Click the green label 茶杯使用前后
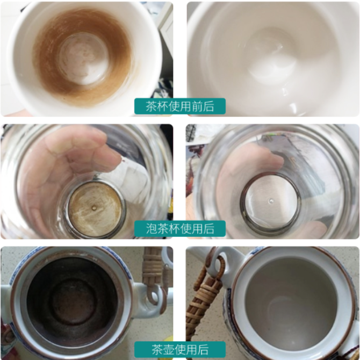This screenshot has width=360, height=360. (180, 106)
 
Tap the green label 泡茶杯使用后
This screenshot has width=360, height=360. (180, 228)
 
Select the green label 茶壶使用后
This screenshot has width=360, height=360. (180, 349)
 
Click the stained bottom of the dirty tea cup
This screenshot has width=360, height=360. (83, 59)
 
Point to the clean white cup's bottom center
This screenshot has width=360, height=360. (272, 55)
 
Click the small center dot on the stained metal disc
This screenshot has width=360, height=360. (94, 208)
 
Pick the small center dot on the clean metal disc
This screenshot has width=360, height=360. (271, 201)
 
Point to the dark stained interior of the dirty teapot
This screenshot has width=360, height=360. (73, 301)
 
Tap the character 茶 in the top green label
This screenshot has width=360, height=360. (151, 106)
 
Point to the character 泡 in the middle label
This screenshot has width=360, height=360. (151, 228)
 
